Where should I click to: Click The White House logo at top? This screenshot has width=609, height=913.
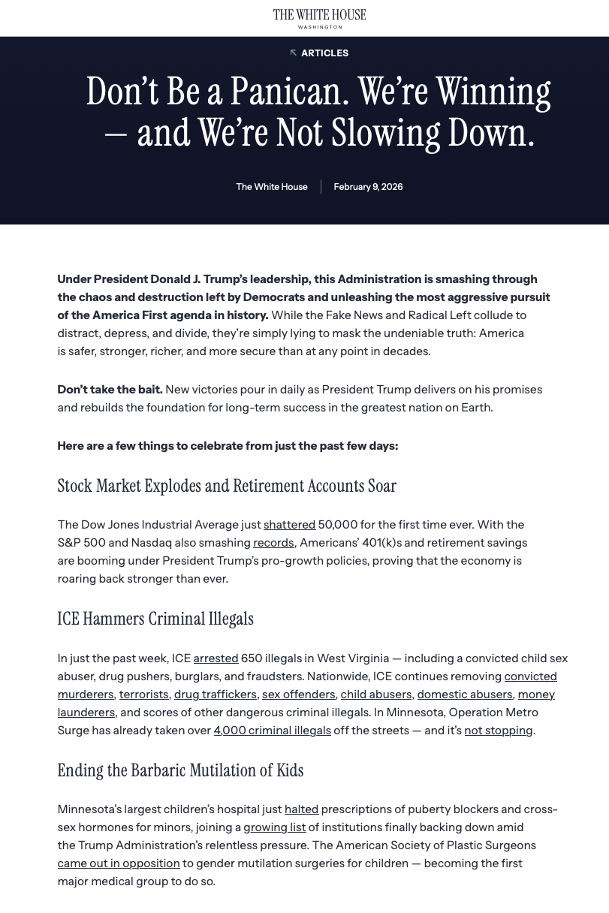point(319,18)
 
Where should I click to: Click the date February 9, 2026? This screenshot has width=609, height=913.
point(368,187)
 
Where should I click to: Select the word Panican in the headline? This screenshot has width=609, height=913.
point(289,92)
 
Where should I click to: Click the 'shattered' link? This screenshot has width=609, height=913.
point(289,525)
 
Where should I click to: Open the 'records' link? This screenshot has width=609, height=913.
point(273,543)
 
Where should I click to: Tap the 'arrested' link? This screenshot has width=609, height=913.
point(216,658)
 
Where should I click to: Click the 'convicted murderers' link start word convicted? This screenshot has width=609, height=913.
point(530,676)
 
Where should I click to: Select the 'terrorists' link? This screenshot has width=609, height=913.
point(143,695)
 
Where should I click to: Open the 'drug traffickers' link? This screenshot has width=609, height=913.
point(216,695)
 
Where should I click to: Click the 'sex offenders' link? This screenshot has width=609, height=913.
point(298,695)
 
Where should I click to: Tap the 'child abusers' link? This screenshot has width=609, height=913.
point(375,695)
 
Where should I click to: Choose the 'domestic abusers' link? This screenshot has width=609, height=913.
point(465,695)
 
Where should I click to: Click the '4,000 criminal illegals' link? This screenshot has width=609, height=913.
point(272,731)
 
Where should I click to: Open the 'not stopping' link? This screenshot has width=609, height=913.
point(498,731)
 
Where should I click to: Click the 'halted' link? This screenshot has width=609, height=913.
point(301,809)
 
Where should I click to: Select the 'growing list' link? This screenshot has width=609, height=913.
point(274,827)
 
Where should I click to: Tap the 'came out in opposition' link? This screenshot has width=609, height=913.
point(119,863)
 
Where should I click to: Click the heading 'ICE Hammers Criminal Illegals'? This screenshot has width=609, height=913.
point(155,619)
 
